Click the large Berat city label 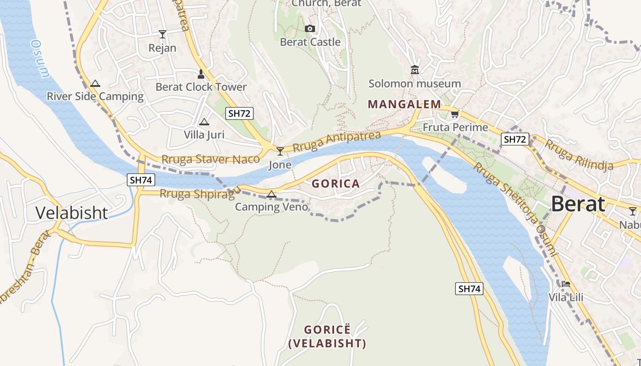pyautogui.click(x=578, y=204)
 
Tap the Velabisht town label pyautogui.click(x=71, y=213)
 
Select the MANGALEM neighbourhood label pyautogui.click(x=404, y=104)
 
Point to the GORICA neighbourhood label pyautogui.click(x=336, y=184)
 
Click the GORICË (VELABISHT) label pyautogui.click(x=327, y=337)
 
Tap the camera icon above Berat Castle pyautogui.click(x=310, y=29)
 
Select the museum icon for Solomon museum pyautogui.click(x=415, y=70)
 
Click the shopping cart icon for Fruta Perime pyautogui.click(x=455, y=114)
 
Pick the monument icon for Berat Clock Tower pyautogui.click(x=201, y=73)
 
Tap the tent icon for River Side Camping pyautogui.click(x=95, y=83)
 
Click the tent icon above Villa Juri pyautogui.click(x=204, y=122)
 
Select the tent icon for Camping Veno pyautogui.click(x=272, y=194)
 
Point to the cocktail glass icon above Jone pyautogui.click(x=280, y=151)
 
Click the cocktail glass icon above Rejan pyautogui.click(x=162, y=34)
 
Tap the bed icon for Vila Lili pyautogui.click(x=566, y=284)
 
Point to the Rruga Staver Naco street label pyautogui.click(x=211, y=160)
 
